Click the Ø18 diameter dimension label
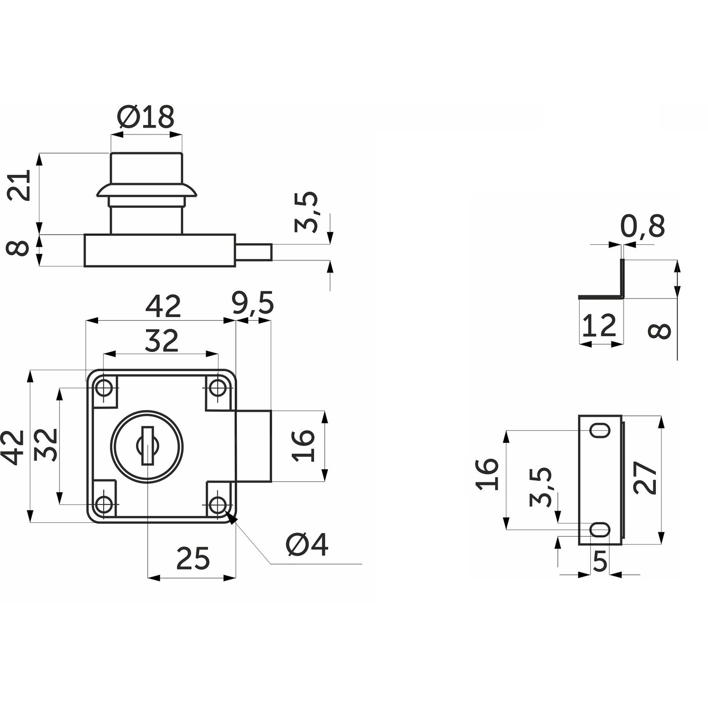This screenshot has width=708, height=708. click(146, 117)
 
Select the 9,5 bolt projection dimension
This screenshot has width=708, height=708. click(253, 303)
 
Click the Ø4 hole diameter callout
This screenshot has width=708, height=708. click(307, 545)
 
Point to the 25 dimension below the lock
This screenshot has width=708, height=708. click(193, 559)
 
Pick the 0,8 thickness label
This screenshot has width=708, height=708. click(642, 226)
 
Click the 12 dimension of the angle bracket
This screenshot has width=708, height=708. click(599, 326)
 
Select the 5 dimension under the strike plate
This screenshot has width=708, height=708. click(599, 561)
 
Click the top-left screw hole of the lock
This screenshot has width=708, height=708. click(104, 388)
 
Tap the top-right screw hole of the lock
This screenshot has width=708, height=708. click(218, 388)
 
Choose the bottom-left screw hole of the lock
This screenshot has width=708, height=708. click(104, 504)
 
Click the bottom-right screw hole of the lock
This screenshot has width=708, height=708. click(218, 504)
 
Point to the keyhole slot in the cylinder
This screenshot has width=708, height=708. click(147, 446)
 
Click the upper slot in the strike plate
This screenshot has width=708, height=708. click(601, 431)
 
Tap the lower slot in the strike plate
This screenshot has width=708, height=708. click(601, 530)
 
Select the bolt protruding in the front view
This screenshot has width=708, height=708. click(254, 446)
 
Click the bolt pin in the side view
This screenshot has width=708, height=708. click(254, 251)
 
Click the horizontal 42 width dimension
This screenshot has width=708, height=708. click(163, 306)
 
